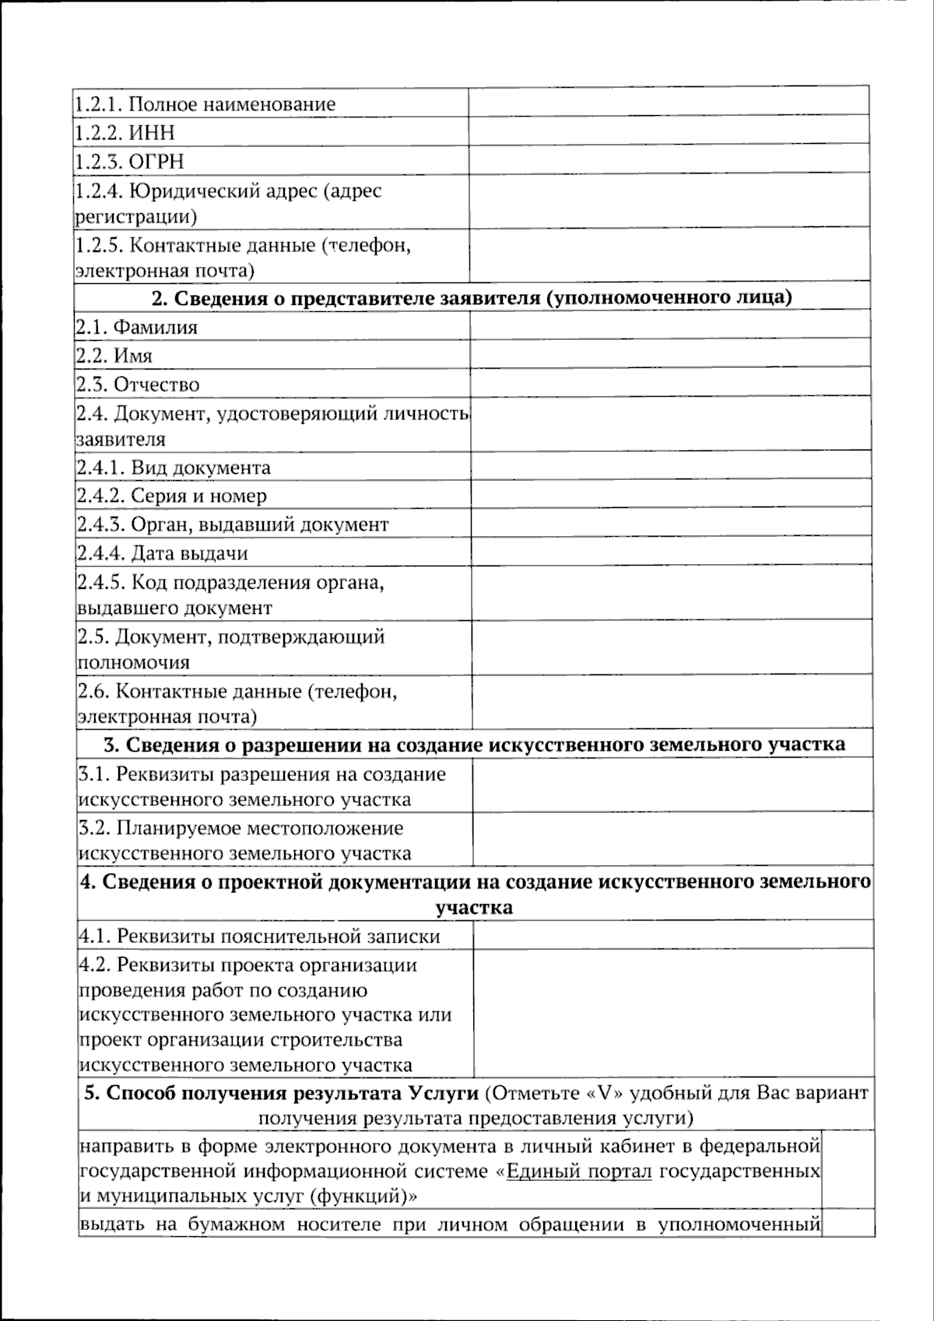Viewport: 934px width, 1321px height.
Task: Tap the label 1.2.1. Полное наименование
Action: coord(206,103)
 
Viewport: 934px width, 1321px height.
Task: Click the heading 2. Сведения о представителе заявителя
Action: coord(472,298)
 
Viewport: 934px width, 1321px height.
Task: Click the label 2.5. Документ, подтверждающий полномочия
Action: coord(231,650)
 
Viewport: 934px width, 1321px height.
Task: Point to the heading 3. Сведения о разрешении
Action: coord(474,745)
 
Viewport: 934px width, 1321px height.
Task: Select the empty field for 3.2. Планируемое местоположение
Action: coord(672,839)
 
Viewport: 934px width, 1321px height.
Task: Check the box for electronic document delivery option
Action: coord(848,1171)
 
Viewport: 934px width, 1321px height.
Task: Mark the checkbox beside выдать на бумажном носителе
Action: coord(848,1225)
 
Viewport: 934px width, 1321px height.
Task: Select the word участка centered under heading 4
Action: coord(474,908)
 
